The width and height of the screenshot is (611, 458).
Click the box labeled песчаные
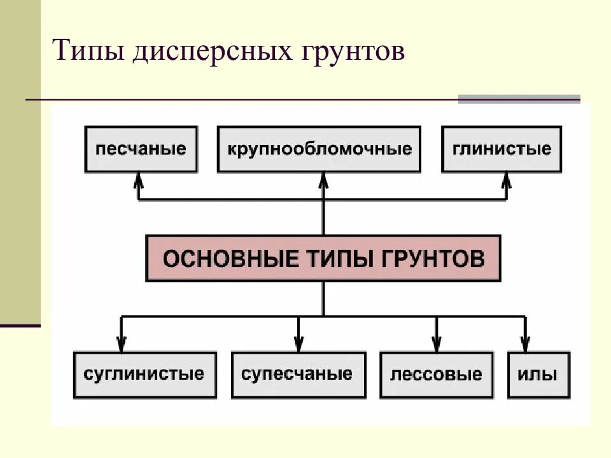pyautogui.click(x=141, y=149)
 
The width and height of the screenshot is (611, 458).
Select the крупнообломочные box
pyautogui.click(x=319, y=149)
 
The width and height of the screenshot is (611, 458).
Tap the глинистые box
pyautogui.click(x=502, y=149)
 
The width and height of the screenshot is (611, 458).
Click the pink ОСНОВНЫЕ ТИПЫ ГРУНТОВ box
pyautogui.click(x=323, y=258)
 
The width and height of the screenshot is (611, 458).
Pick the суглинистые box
pyautogui.click(x=144, y=374)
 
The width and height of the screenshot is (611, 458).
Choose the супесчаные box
pyautogui.click(x=298, y=374)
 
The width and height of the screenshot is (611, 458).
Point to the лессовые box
pyautogui.click(x=436, y=374)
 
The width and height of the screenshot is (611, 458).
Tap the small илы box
pyautogui.click(x=538, y=374)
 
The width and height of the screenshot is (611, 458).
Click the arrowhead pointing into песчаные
pyautogui.click(x=139, y=181)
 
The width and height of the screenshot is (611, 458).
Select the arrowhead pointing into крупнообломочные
pyautogui.click(x=323, y=181)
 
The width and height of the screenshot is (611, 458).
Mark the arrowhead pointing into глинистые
pyautogui.click(x=507, y=181)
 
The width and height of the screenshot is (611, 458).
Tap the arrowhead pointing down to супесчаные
pyautogui.click(x=298, y=342)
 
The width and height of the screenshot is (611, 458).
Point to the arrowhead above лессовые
pyautogui.click(x=436, y=342)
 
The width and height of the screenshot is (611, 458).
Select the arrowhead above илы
pyautogui.click(x=525, y=342)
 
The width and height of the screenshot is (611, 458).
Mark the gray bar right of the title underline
pyautogui.click(x=519, y=99)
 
